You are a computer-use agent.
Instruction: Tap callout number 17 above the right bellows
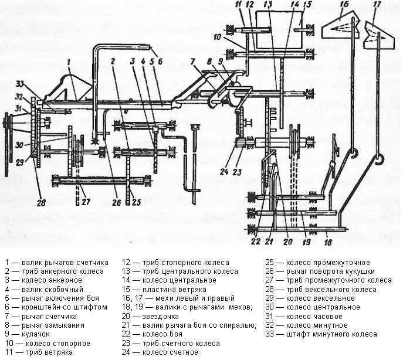[x=376, y=6]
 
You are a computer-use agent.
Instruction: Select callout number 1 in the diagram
[x=69, y=62]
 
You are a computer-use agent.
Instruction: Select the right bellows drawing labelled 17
[x=373, y=35]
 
